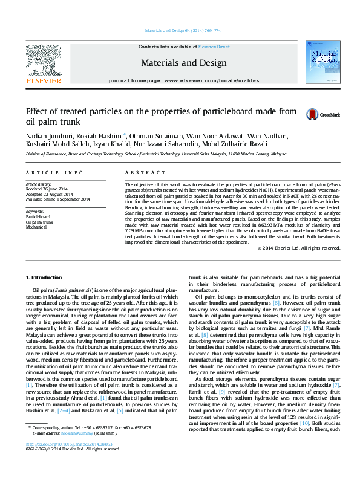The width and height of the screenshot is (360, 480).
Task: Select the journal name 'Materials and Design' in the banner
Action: pos(183,63)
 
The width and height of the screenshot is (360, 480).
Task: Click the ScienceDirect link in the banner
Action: pos(213,47)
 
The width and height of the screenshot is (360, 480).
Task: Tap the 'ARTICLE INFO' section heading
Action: pos(45,172)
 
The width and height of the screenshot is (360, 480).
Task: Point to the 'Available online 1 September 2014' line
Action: pos(57,199)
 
